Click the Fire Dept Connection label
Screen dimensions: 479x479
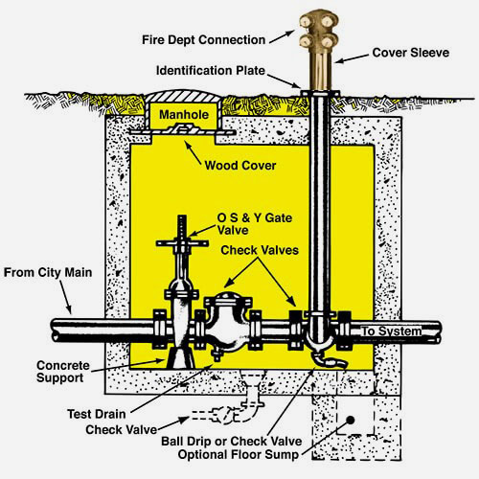tap(203, 40)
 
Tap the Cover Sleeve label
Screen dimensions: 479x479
tap(411, 53)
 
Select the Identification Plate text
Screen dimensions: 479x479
tap(211, 71)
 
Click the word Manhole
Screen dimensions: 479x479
tap(184, 115)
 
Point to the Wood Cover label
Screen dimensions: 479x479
tap(240, 166)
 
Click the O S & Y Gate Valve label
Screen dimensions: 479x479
tap(255, 224)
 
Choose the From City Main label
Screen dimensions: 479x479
tap(48, 273)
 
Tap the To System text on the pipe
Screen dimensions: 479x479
tap(392, 331)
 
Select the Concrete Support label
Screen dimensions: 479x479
tap(63, 372)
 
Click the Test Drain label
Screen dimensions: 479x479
tap(97, 414)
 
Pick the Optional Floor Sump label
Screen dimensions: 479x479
tap(239, 454)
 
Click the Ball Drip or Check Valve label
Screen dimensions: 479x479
tap(232, 442)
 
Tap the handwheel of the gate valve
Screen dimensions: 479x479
tap(182, 243)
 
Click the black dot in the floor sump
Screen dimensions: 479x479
tap(351, 421)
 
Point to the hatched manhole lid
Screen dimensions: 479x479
tap(184, 96)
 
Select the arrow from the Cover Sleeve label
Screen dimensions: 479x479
tap(352, 58)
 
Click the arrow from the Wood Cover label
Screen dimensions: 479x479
tap(193, 153)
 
